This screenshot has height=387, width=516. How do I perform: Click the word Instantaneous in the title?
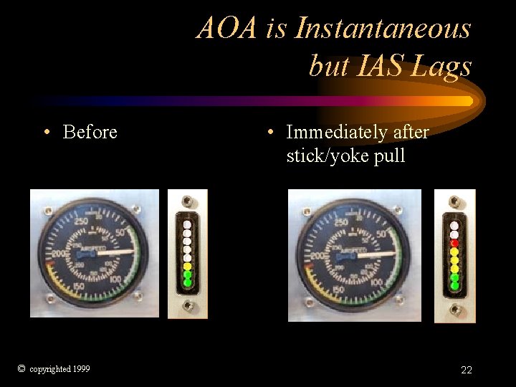tap(383, 29)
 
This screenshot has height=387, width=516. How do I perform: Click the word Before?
tap(90, 132)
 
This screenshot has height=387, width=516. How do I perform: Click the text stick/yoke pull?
tap(345, 155)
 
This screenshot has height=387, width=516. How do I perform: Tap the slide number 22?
tap(467, 370)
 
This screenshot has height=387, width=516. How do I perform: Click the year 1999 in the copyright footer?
tap(81, 369)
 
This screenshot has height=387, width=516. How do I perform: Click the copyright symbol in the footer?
tap(21, 368)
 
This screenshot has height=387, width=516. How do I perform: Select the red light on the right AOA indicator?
tap(454, 242)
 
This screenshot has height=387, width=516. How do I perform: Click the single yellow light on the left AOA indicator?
tap(188, 266)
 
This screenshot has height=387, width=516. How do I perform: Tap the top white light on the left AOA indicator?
tap(188, 224)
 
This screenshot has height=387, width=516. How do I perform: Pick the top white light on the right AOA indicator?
tap(454, 225)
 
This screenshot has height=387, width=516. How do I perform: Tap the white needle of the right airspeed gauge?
tap(379, 254)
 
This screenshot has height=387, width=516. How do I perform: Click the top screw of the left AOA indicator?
tap(188, 201)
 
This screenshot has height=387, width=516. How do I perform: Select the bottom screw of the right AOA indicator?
tap(454, 308)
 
